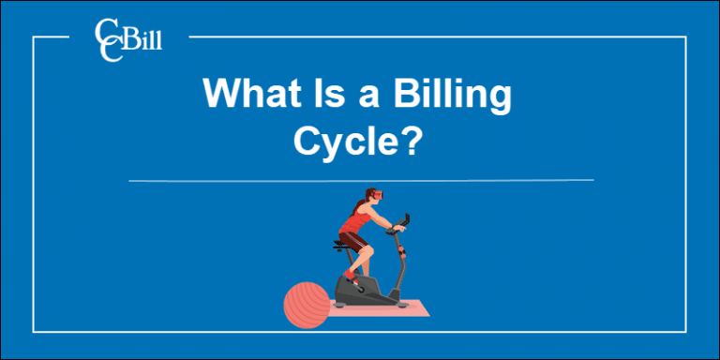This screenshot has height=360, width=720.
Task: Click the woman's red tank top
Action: tap(357, 223)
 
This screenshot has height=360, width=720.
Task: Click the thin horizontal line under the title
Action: tap(360, 179)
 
